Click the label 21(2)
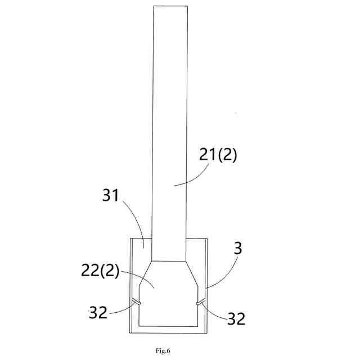(x=218, y=155)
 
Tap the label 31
(x=111, y=195)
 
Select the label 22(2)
(x=100, y=271)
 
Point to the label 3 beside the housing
(x=238, y=248)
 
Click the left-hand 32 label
(x=98, y=313)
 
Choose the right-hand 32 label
(x=236, y=318)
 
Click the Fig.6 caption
(x=163, y=351)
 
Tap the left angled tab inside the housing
(x=136, y=301)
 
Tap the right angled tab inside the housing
(x=201, y=302)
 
